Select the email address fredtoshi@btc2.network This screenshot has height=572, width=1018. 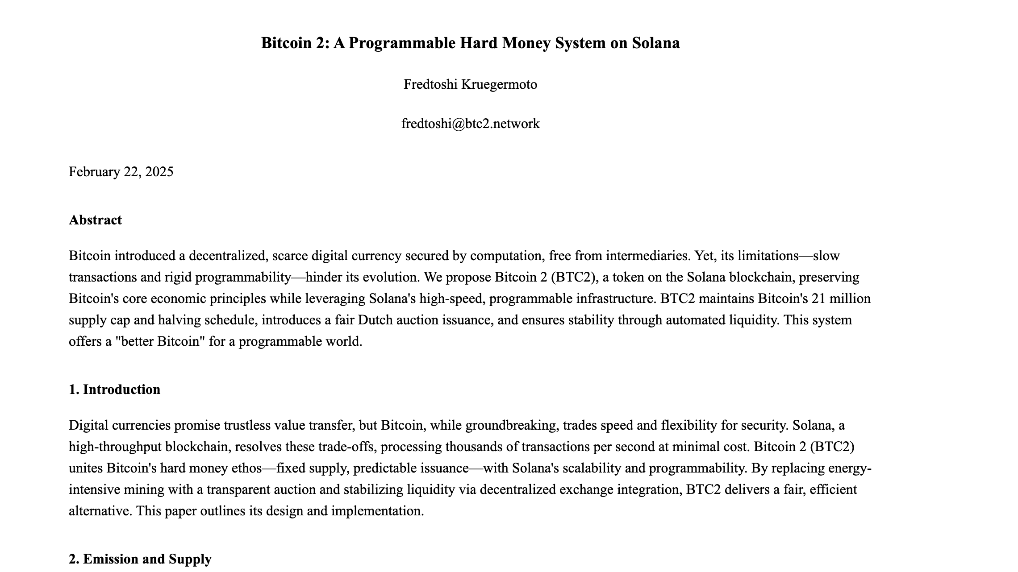[470, 123]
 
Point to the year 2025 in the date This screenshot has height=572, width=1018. [159, 172]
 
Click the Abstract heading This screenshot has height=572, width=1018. [95, 220]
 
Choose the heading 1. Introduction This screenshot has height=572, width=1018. [114, 390]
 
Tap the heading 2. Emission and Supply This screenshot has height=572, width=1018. [140, 559]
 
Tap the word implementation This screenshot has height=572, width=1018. [377, 511]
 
